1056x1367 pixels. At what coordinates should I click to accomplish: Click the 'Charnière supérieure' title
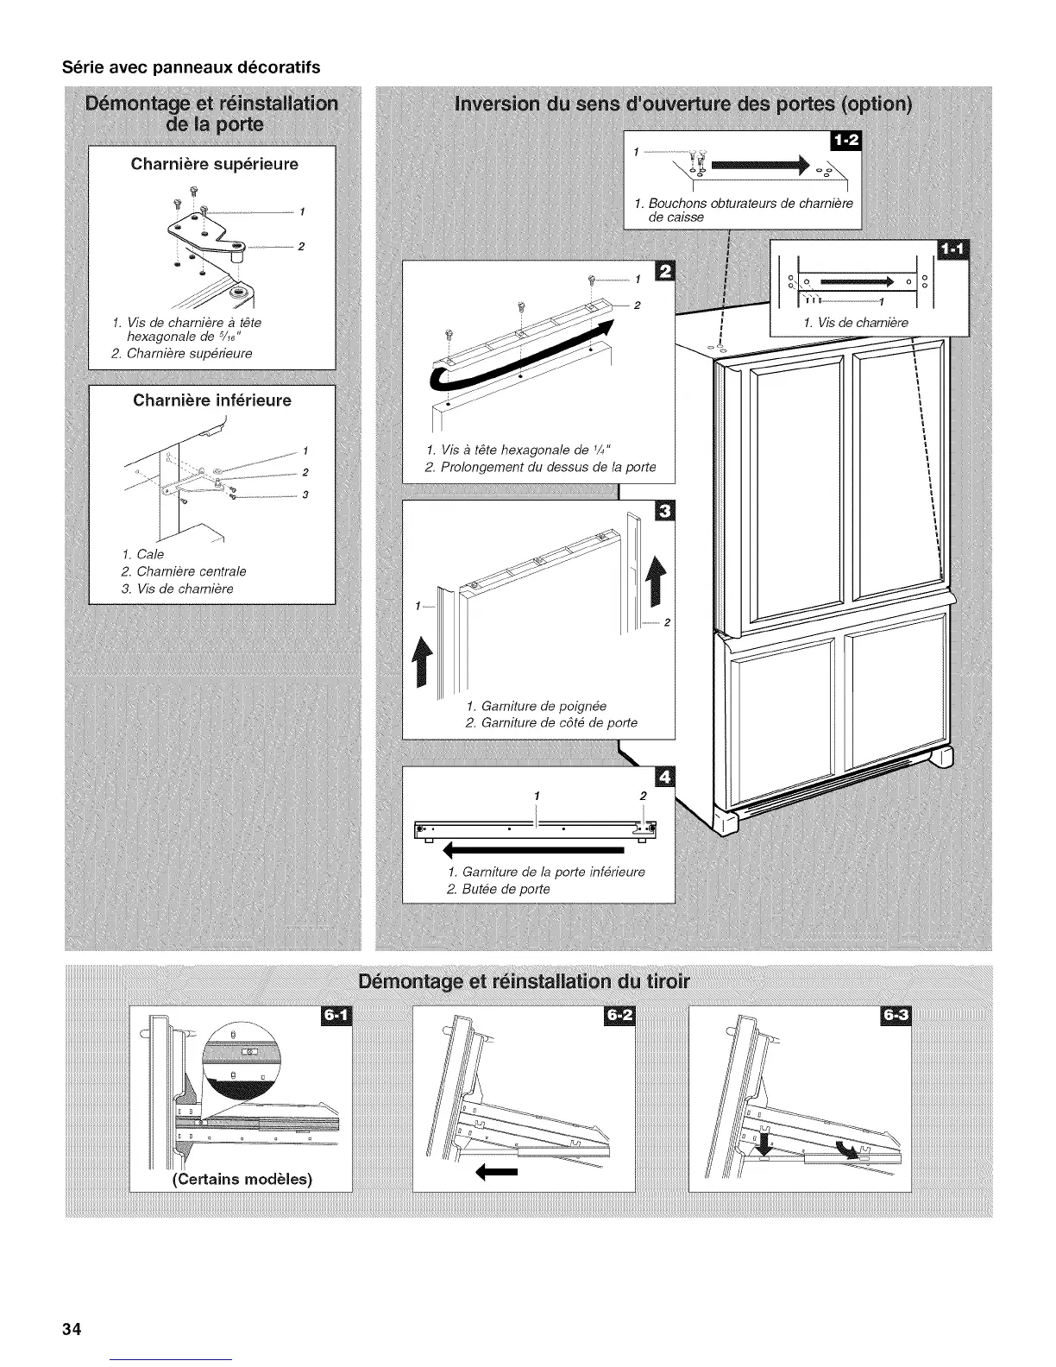pyautogui.click(x=214, y=164)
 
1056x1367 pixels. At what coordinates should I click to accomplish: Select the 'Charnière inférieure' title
pyautogui.click(x=212, y=400)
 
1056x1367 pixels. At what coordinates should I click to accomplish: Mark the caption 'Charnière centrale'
pyautogui.click(x=191, y=571)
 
